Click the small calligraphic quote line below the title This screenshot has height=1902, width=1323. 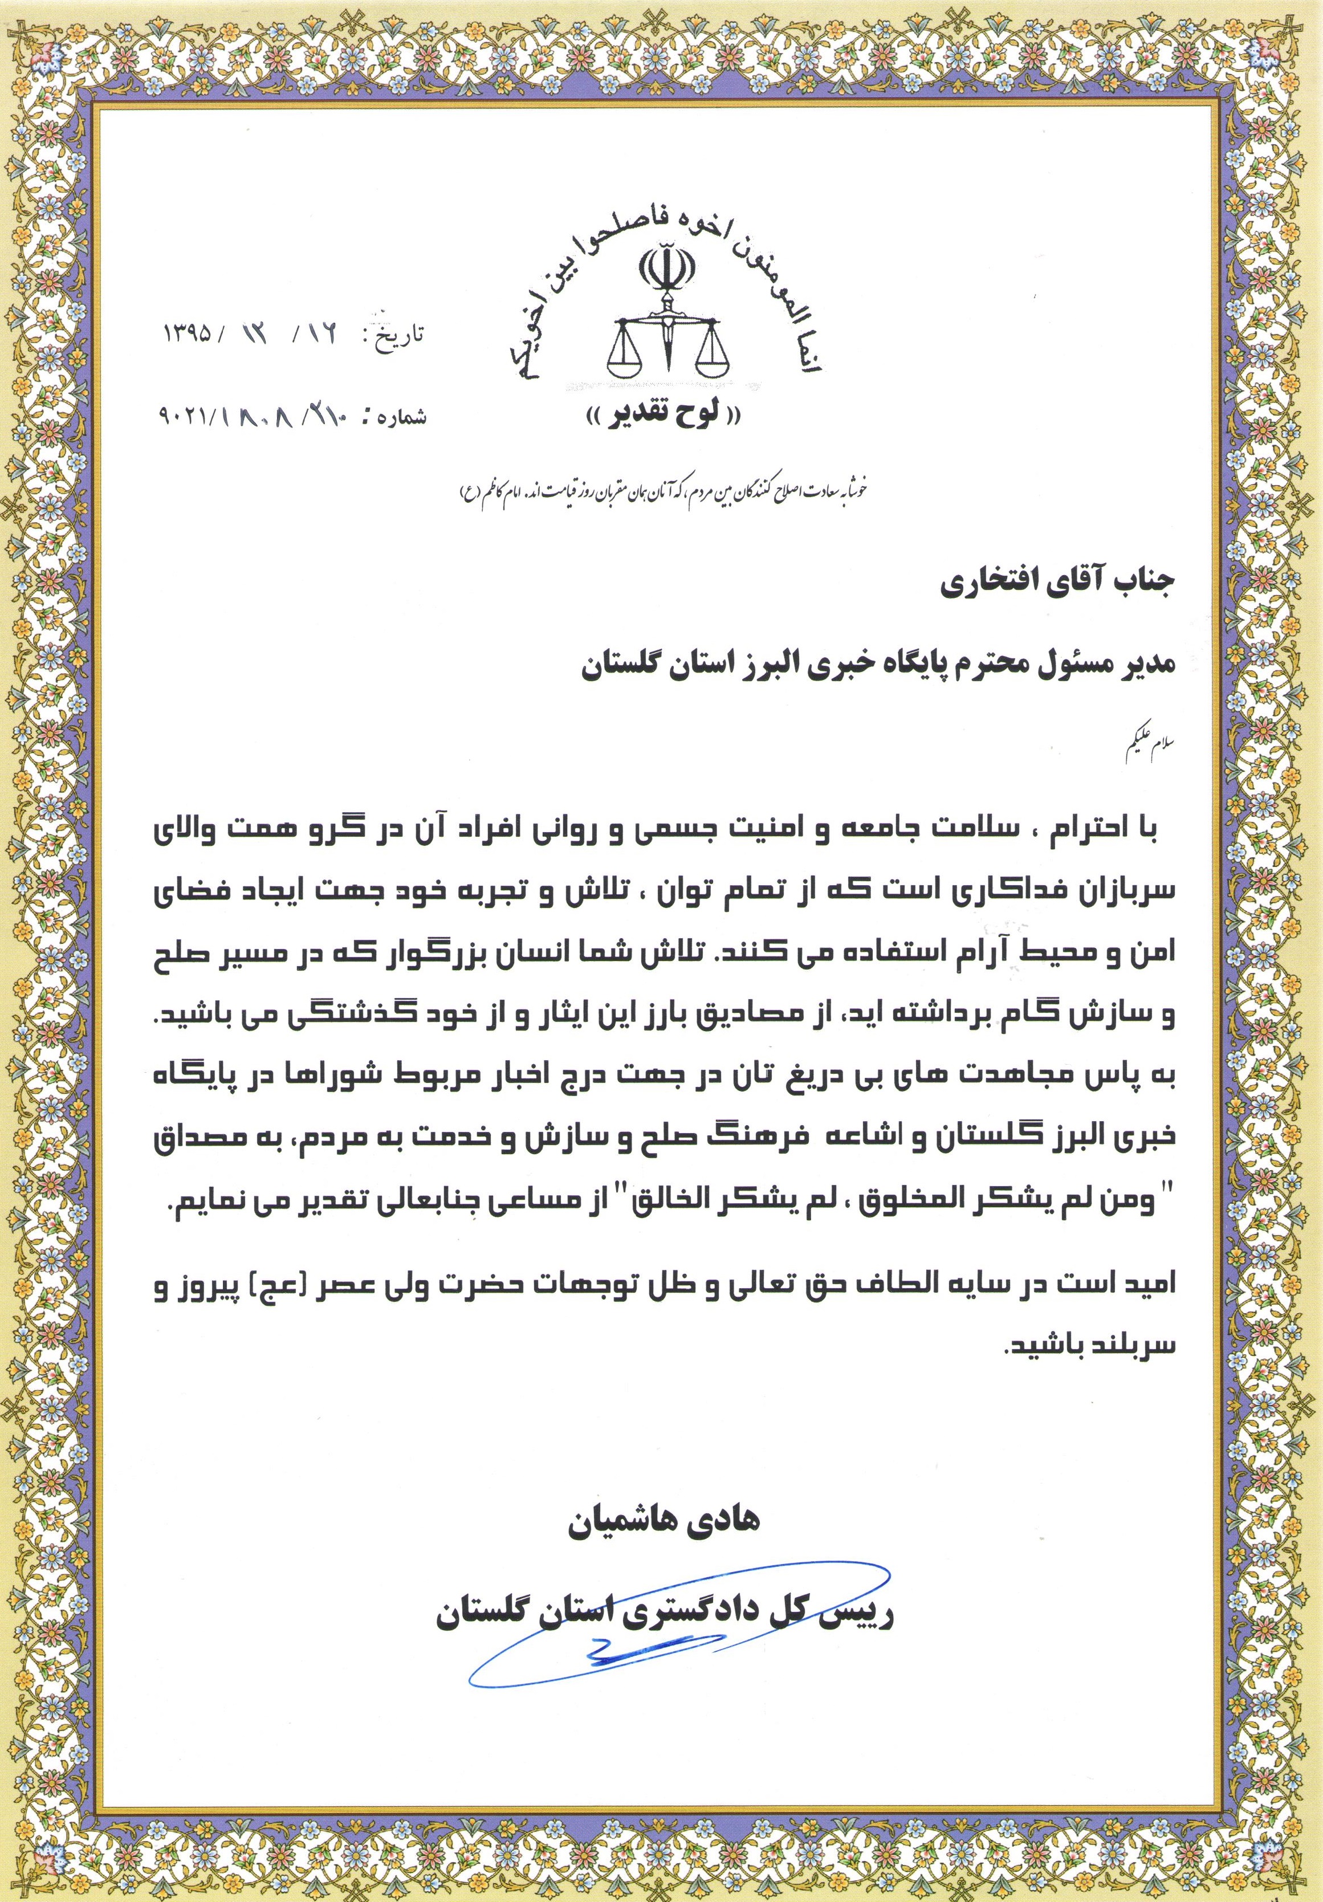pos(663,490)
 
